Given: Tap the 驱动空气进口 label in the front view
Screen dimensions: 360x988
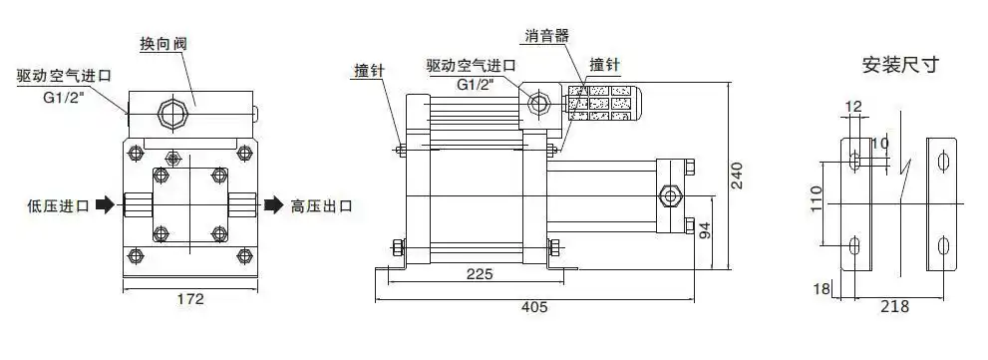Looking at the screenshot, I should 62,76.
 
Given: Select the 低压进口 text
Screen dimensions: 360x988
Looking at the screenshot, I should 58,206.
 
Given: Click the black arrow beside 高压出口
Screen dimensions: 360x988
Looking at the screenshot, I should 272,206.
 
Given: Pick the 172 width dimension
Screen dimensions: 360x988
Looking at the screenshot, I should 189,298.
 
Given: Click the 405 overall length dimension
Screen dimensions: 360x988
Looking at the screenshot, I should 534,307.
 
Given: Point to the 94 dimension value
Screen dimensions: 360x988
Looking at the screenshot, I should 705,231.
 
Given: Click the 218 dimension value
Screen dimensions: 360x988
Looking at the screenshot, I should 895,307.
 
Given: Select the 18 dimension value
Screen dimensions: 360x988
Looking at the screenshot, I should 821,289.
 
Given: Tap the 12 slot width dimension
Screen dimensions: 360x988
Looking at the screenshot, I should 853,107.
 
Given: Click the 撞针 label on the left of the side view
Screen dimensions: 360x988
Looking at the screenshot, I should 370,70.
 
